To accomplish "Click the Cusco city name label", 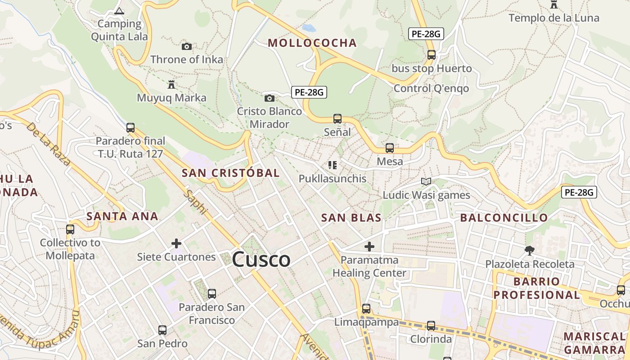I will coord(261,260).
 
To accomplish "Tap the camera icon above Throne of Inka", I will coord(187,46).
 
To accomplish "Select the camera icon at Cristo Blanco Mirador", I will coord(269,98).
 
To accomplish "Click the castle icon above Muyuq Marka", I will coord(171,84).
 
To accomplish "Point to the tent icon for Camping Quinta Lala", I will coord(119,11).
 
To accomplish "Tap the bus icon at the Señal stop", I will coord(337,119).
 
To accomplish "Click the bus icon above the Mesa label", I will coord(390,148).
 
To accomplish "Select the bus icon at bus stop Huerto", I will coord(431,55).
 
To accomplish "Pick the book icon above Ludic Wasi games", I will coord(426,181).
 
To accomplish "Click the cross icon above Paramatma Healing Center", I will coord(369,247).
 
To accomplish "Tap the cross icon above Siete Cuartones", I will coord(176,243).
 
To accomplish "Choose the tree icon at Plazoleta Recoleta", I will coord(530,250).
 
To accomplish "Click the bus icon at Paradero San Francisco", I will coord(211,294).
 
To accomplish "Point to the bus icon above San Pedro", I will coord(162,330).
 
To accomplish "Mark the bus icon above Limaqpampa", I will coord(366,309).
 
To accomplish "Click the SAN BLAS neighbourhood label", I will coord(351,218).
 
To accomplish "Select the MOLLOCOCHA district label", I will coord(312,43).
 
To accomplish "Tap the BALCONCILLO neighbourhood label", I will coord(504,218).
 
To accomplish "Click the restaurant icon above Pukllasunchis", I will coord(333,165).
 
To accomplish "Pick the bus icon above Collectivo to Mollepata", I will coord(70,229).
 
